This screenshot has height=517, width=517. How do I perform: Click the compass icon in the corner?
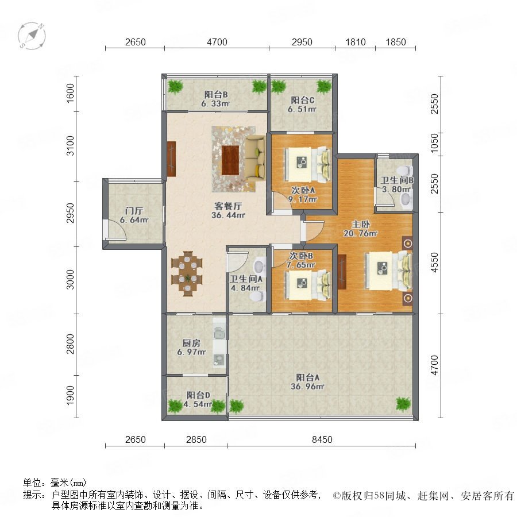coord(32,36)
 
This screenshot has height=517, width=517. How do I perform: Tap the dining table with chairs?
coord(187,273)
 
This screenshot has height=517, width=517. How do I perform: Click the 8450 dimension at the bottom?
coord(322,439)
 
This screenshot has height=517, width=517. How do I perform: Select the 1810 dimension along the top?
coord(356,42)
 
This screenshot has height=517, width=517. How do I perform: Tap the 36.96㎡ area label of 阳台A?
coord(307,387)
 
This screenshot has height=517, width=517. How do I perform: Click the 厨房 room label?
coord(191,343)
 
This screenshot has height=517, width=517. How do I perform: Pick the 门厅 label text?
coord(134,211)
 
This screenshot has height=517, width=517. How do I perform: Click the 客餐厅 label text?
coord(228,206)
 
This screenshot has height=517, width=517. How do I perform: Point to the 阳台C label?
coord(302,100)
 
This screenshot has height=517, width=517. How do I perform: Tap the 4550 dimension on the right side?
coord(435,263)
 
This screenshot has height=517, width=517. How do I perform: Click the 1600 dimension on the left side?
coord(70,93)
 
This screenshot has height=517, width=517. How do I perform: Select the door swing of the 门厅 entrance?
coord(115,229)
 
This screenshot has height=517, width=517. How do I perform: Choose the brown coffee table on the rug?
coord(230,161)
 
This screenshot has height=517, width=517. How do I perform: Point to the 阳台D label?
coord(199,395)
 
